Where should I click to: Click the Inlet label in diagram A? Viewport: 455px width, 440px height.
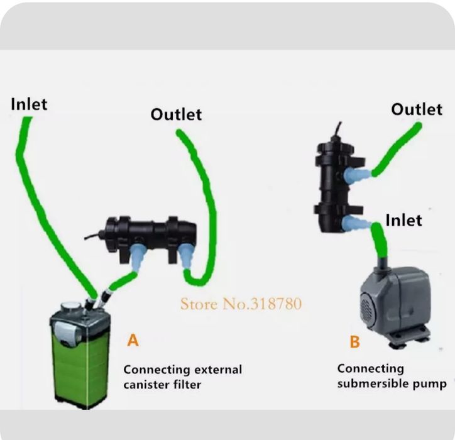[x=29, y=104]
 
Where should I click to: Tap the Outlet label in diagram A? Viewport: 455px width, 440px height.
[x=176, y=114]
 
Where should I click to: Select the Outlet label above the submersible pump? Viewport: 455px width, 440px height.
[x=417, y=109]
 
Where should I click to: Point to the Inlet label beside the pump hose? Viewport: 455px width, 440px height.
[x=403, y=220]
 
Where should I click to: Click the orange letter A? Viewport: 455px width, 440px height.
[x=133, y=340]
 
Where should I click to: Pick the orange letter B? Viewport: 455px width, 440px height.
[x=355, y=341]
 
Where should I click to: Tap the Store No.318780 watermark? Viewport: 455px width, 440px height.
[x=241, y=304]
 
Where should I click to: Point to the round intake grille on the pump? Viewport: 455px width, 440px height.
[x=366, y=309]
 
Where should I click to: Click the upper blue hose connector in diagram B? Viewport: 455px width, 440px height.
[x=356, y=175]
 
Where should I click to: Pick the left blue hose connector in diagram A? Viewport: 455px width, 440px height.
[x=138, y=255]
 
